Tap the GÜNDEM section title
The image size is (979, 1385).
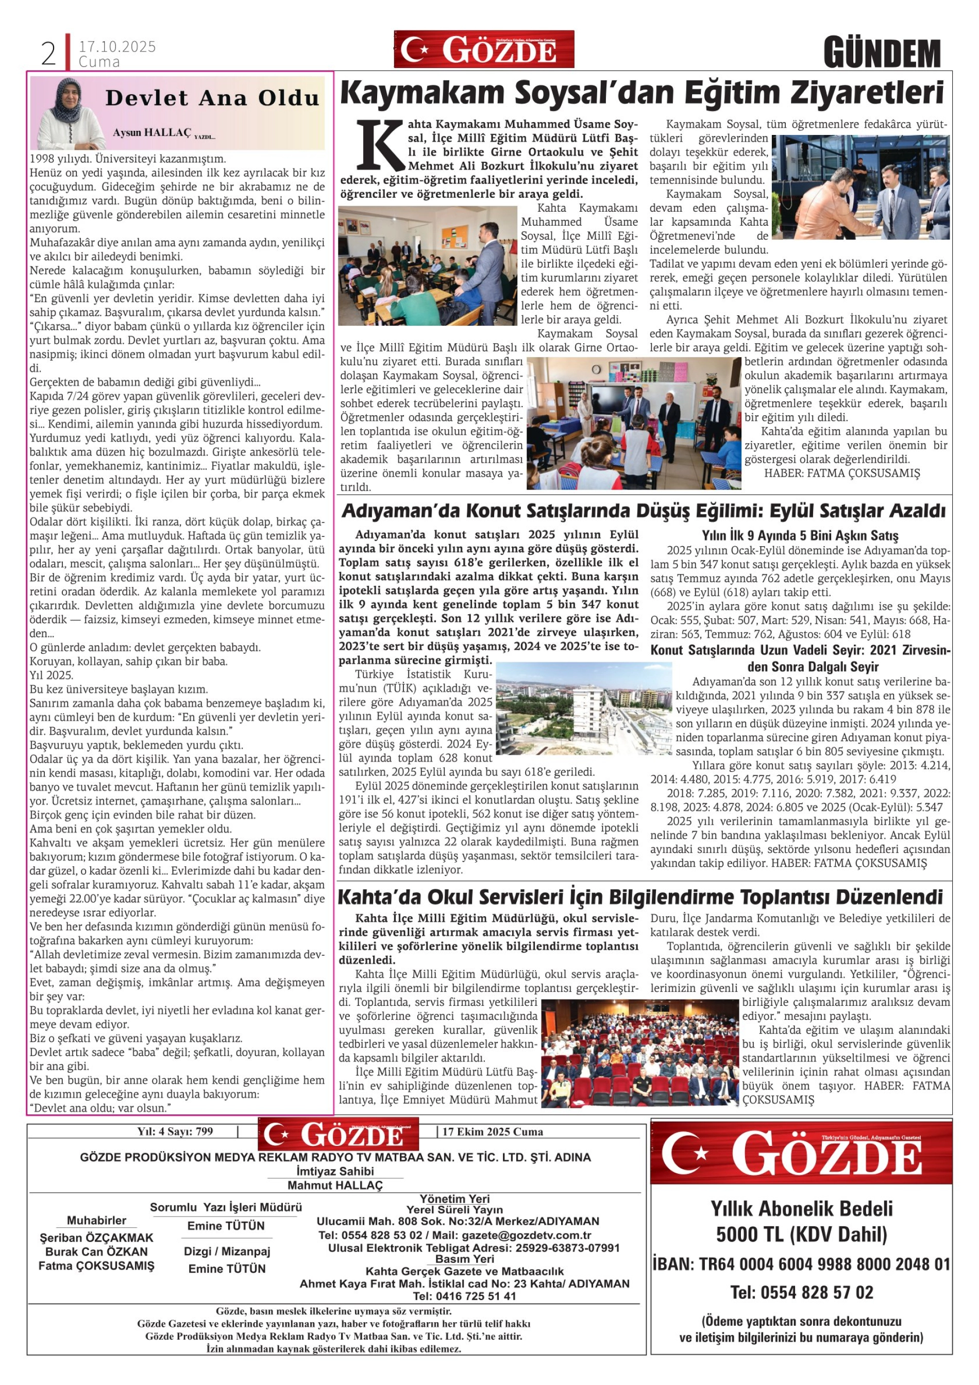click(882, 54)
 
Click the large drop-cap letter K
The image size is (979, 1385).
click(379, 145)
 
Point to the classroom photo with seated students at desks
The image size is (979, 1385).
click(427, 265)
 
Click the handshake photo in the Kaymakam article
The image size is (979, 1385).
click(860, 187)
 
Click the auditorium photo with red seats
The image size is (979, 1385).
click(640, 1053)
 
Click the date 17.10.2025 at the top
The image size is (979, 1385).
click(117, 46)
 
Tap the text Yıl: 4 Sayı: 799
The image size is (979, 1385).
click(175, 1131)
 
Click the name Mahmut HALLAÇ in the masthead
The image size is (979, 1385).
click(335, 1185)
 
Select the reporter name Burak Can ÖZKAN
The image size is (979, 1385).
click(96, 1251)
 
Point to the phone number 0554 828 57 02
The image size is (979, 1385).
click(801, 1292)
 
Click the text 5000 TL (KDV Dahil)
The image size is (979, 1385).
click(801, 1235)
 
